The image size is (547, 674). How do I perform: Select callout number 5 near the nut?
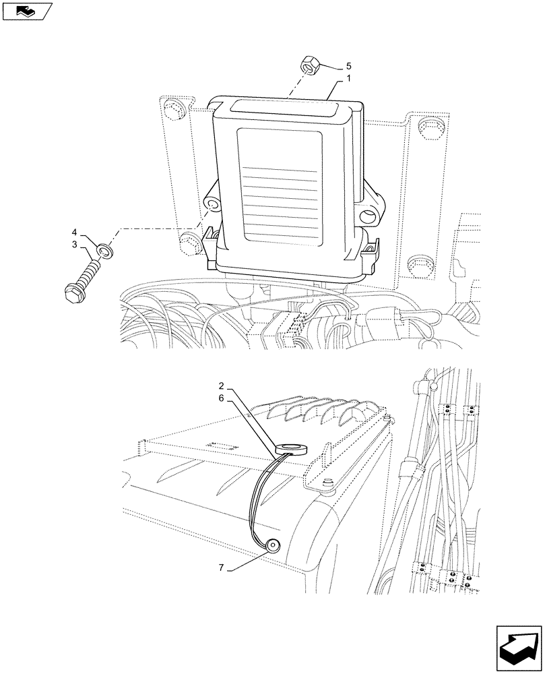(348, 66)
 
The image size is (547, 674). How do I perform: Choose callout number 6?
(222, 400)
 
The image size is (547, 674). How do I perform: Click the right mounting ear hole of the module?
(368, 216)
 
